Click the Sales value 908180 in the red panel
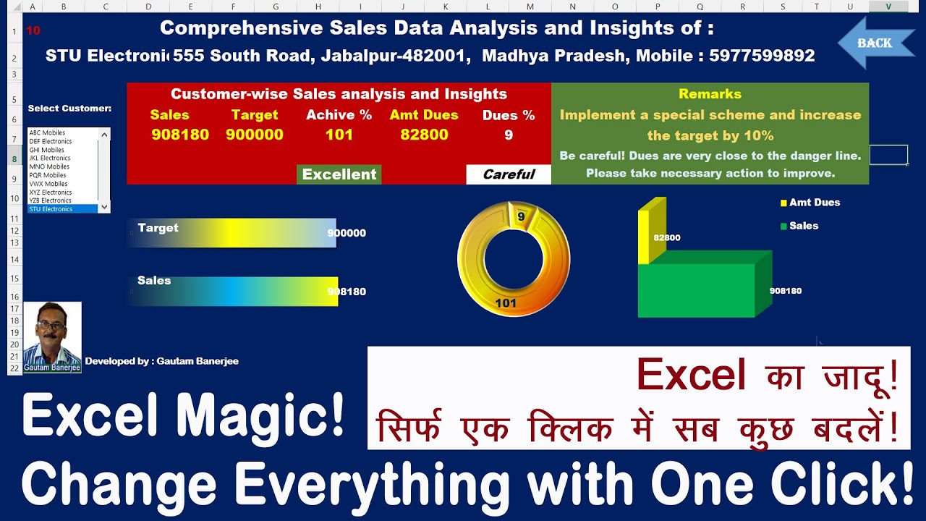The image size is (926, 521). pos(180,135)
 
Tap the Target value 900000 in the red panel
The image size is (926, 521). pos(255,135)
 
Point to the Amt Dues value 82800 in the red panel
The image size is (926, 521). pos(424,135)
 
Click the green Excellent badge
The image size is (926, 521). pos(339,174)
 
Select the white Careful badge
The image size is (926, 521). pos(509,174)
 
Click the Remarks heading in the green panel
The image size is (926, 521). pos(710,94)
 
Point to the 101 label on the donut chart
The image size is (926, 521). pos(506,303)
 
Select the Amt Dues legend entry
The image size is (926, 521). pos(814,203)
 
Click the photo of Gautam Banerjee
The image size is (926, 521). pos(52,337)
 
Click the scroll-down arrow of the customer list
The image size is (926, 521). pos(105,207)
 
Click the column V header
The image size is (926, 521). pos(888,7)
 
